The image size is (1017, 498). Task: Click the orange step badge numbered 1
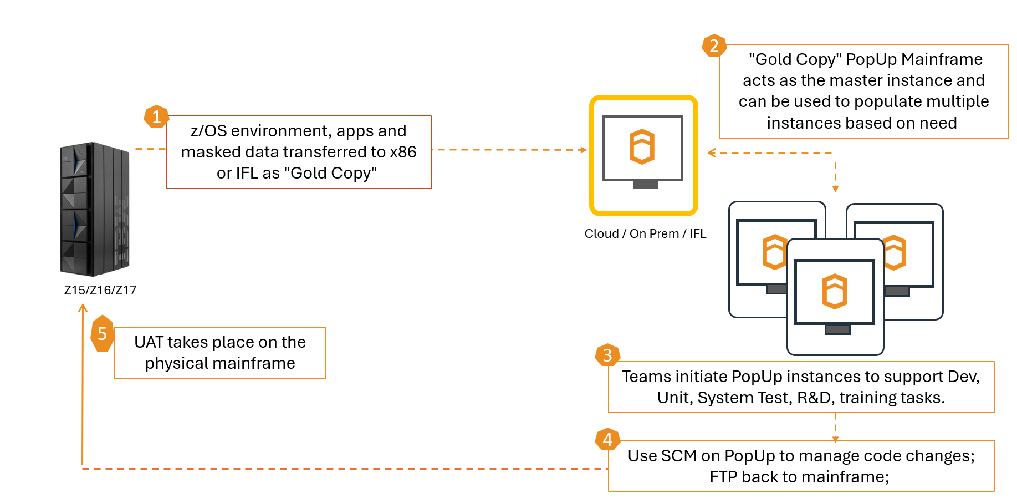(x=156, y=116)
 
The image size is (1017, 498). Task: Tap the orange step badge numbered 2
(x=714, y=45)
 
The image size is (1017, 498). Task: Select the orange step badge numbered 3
(x=607, y=355)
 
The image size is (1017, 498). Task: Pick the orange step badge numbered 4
(x=607, y=439)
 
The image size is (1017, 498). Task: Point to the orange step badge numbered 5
(x=102, y=333)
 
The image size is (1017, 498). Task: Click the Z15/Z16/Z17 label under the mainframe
(x=100, y=290)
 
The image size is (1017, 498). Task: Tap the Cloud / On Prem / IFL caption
(x=645, y=233)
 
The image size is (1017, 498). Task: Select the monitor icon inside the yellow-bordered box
(x=643, y=151)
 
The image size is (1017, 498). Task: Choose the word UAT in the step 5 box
(x=149, y=342)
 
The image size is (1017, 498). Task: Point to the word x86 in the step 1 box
(x=403, y=152)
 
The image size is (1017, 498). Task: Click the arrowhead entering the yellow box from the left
(x=584, y=150)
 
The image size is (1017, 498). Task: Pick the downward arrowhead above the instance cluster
(x=835, y=189)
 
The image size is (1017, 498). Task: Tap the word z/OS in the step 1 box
(x=208, y=131)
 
